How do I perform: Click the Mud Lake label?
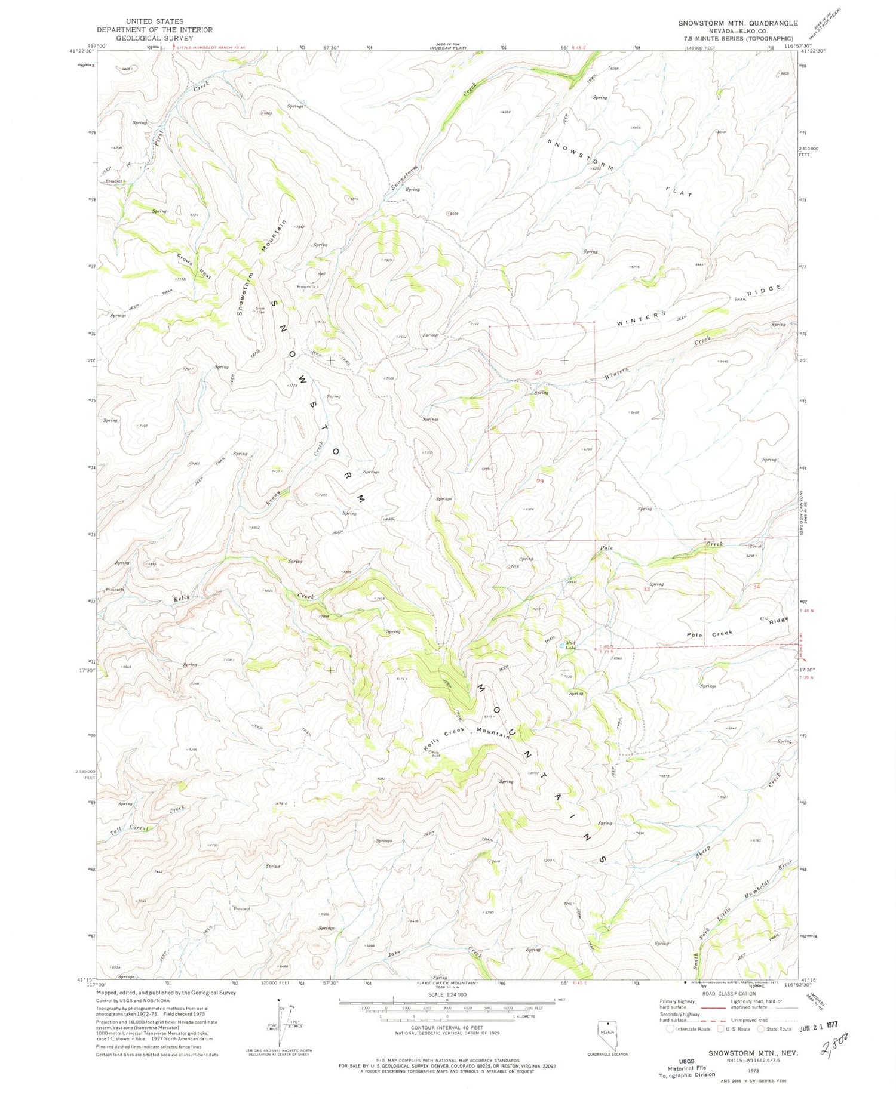[x=570, y=645]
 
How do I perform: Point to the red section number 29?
[x=540, y=480]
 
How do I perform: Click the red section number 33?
[x=646, y=589]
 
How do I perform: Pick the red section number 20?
[x=538, y=372]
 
